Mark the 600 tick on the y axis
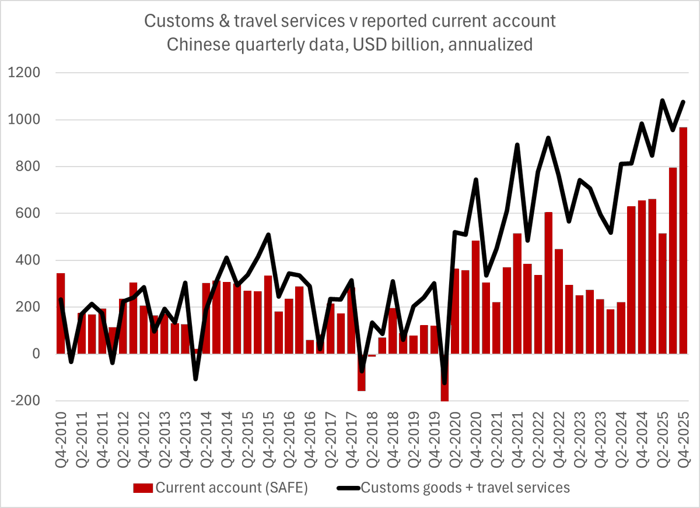[x=28, y=214]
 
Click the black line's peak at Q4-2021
[x=517, y=144]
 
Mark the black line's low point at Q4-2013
[x=195, y=379]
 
